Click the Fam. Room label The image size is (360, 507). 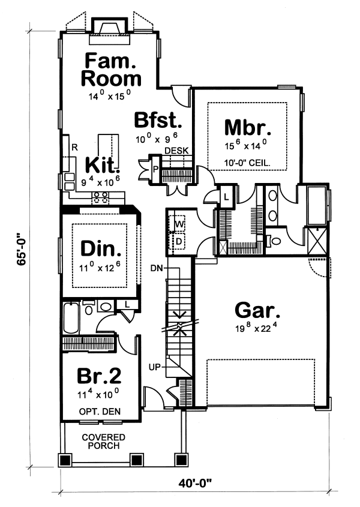coord(111,70)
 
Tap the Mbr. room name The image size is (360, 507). coord(248,127)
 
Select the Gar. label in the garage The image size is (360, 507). coord(257,310)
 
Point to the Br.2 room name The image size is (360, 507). coord(99,376)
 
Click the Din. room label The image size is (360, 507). coord(101,249)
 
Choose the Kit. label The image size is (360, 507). coord(102,165)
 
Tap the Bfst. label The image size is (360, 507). coord(158,120)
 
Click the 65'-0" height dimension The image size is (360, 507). coord(22,249)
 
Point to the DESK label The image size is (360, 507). coord(176,151)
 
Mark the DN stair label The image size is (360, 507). coord(157,268)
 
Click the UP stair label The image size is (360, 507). coord(155,367)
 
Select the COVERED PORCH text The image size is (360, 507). coord(104,442)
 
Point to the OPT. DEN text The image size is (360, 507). coord(100,412)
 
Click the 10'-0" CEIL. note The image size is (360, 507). coord(247,163)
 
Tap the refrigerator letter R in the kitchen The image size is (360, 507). coord(75,148)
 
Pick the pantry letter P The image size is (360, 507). coord(155,169)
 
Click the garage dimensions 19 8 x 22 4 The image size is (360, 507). coord(256,327)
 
